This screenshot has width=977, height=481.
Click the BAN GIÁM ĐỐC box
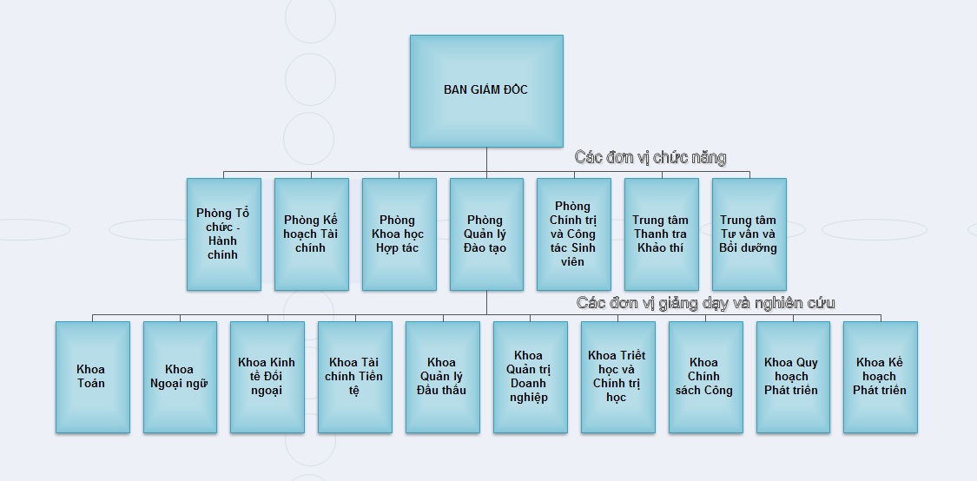486,90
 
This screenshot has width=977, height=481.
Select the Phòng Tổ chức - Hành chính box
223,234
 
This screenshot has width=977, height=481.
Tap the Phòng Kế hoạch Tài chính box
311,234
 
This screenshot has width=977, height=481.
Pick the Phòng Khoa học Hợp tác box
399,234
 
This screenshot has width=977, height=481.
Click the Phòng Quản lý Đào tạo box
486,234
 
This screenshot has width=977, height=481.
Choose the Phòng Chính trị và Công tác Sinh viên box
573,234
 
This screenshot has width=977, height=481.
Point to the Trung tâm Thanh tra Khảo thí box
661,234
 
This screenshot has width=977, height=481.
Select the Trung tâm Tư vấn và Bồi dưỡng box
749,234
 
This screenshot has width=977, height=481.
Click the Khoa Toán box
92,377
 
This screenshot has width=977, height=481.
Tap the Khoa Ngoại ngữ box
180,377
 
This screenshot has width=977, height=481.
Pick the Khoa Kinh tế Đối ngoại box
267,377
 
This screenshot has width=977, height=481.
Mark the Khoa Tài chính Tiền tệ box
354,377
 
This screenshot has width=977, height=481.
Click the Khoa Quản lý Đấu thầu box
442,377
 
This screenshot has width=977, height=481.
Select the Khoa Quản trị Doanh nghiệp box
530,377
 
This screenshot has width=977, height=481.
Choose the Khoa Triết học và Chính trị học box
617,377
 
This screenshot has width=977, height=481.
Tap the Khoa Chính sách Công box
705,377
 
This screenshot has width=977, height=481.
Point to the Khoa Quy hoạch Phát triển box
793,377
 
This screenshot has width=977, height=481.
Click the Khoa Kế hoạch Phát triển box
880,377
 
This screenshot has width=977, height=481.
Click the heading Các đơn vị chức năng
650,157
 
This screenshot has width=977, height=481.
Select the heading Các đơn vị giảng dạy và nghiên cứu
705,303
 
